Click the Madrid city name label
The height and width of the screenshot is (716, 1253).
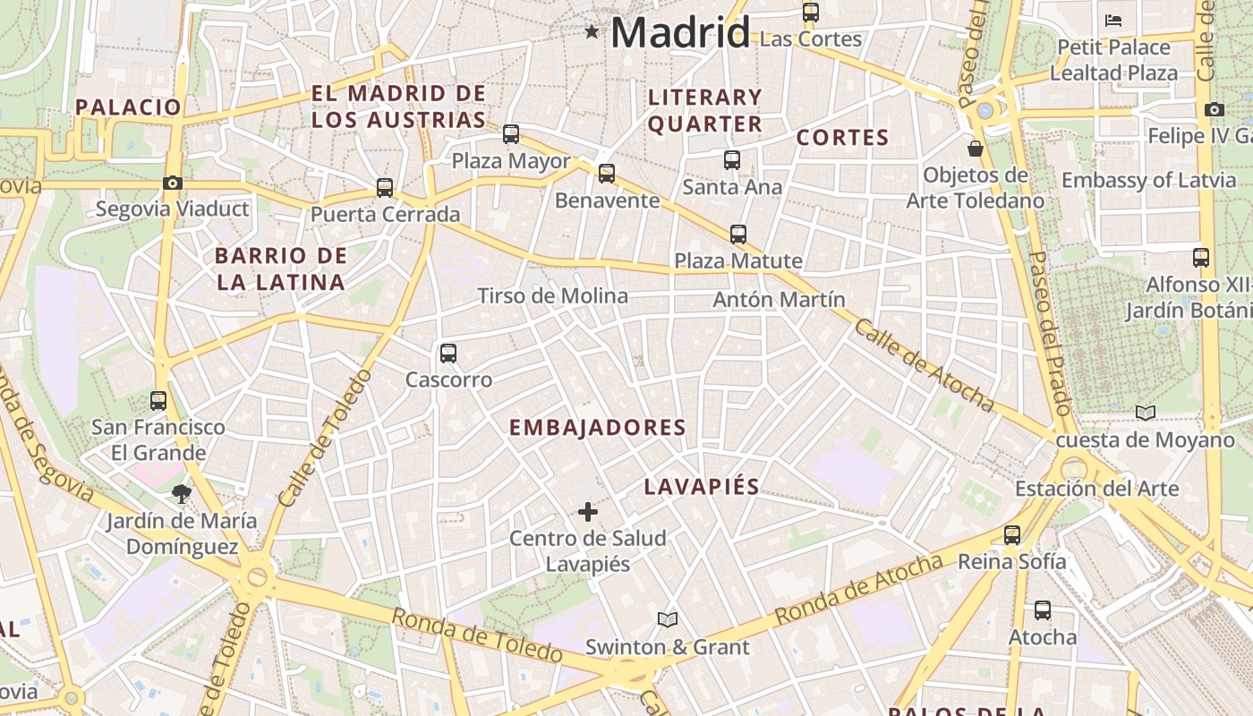coord(679,34)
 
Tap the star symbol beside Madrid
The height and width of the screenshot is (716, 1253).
coord(592,33)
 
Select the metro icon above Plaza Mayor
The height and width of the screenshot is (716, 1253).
coord(511,134)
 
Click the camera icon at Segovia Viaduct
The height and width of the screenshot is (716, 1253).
coord(173,183)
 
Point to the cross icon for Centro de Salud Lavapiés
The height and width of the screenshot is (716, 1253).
coord(588,512)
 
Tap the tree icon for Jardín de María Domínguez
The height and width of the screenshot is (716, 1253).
coord(182,493)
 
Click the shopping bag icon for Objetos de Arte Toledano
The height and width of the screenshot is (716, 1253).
coord(976,148)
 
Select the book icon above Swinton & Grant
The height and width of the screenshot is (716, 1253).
coord(668,619)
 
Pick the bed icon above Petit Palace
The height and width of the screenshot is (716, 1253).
coord(1113,20)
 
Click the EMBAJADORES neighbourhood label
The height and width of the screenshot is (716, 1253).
coord(597,428)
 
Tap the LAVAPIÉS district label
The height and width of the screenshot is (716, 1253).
coord(702,487)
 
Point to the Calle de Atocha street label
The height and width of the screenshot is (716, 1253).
coord(924,365)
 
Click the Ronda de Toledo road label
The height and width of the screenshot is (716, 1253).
coord(477,636)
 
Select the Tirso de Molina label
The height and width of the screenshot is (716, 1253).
coord(552,295)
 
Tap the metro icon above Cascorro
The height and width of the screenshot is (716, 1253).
coord(448,354)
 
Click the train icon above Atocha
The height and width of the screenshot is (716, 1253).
coord(1043,611)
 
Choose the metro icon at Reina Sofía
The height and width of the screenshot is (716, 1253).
coord(1012,535)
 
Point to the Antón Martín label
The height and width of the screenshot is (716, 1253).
coord(779,300)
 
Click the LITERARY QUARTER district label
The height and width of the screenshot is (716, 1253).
coord(705,110)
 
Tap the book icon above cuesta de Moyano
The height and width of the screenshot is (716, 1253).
coord(1146,413)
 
